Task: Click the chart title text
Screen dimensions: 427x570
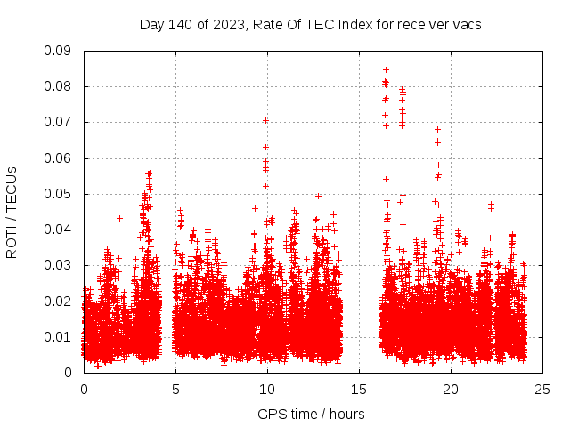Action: pos(310,25)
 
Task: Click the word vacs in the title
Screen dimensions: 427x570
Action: pos(464,25)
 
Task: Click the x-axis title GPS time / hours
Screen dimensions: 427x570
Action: pos(310,413)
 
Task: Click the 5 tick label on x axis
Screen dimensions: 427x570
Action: pos(175,389)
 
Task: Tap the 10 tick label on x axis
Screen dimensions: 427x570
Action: pos(267,389)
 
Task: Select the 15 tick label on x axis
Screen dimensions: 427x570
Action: pos(359,389)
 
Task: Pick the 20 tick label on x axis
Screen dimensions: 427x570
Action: pos(451,389)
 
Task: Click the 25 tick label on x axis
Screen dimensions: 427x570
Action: pos(542,389)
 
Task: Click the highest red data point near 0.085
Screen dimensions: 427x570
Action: pos(386,68)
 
